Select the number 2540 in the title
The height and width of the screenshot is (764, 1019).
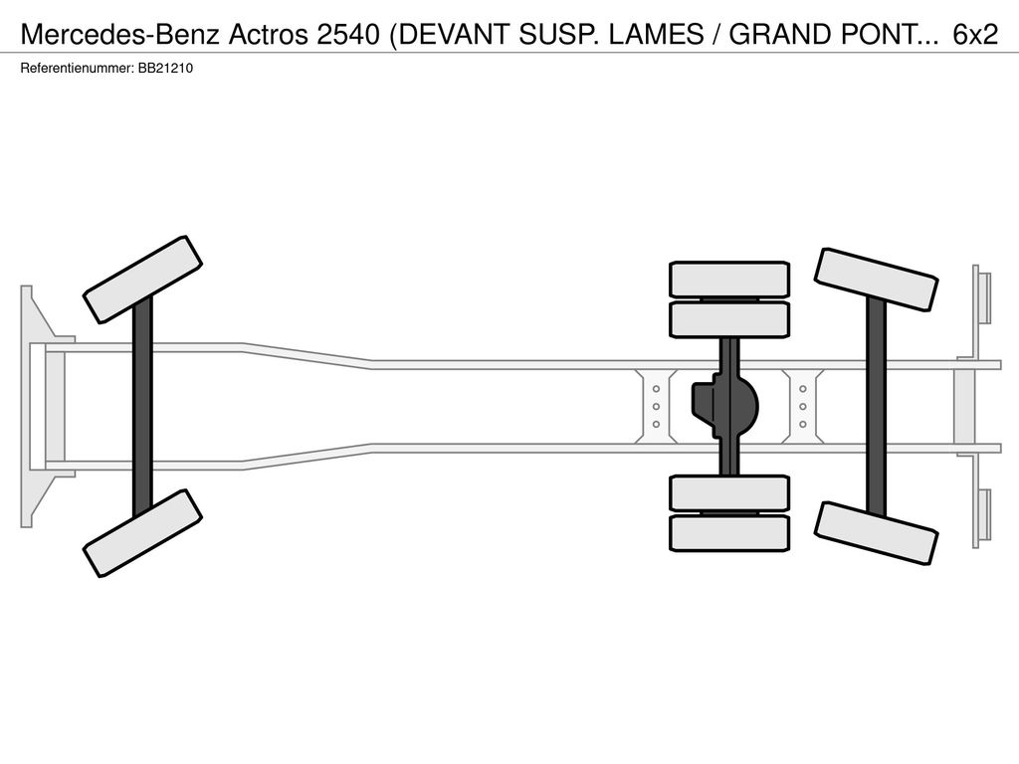(347, 35)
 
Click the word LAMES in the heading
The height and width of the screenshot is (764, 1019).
(656, 35)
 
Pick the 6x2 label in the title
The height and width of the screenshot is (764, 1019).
(975, 35)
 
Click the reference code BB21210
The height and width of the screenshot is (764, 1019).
(165, 69)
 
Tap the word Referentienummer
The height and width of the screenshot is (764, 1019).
(78, 69)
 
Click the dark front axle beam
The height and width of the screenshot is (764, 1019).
(142, 406)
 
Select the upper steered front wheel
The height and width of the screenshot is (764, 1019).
(142, 280)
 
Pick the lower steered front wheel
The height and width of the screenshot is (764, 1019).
(142, 533)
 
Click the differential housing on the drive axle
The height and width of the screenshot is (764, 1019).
(725, 406)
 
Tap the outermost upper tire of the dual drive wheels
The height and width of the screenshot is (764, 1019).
(729, 280)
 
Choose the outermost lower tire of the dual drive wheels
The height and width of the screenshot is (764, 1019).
(729, 533)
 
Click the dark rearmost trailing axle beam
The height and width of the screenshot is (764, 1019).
(876, 406)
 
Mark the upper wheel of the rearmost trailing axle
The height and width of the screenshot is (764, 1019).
(876, 280)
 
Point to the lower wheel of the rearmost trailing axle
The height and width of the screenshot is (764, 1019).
(876, 533)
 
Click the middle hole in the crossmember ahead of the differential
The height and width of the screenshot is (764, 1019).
(657, 407)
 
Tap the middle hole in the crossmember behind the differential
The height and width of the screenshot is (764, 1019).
(803, 407)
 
